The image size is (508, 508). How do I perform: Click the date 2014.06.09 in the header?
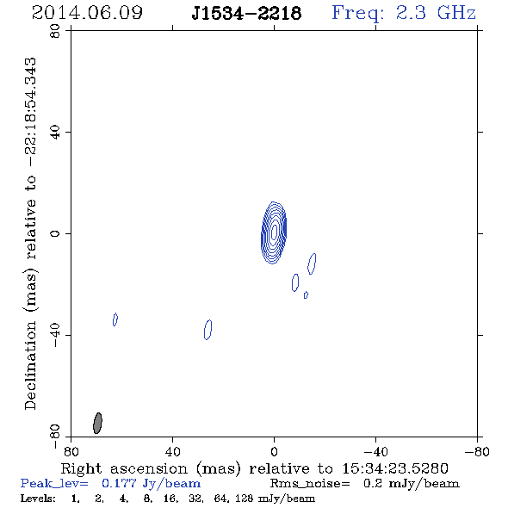pos(87,13)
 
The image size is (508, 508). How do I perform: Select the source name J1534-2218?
pos(246,13)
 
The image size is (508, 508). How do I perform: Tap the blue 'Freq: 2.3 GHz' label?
pos(404,13)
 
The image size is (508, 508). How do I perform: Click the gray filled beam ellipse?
pos(97,423)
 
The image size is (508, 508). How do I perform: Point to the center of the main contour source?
pos(274,232)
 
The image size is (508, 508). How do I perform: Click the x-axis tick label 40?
pos(172,452)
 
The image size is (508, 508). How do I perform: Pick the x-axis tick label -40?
pos(375,452)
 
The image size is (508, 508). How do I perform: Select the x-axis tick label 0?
pos(274,452)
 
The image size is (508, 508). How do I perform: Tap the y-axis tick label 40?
pos(55,133)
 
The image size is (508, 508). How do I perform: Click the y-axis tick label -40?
pos(55,335)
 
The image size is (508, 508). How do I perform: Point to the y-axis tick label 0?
pos(55,233)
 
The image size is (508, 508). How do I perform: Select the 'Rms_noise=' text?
pos(310,484)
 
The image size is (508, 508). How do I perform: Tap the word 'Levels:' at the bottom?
pos(38,499)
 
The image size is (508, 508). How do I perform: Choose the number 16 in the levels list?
pos(170,499)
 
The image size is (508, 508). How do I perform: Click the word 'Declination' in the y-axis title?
pos(30,365)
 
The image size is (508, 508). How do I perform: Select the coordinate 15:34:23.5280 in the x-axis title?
pos(395,468)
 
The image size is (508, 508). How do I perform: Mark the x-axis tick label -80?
pos(477,452)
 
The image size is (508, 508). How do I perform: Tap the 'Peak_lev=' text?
pos(54,484)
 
